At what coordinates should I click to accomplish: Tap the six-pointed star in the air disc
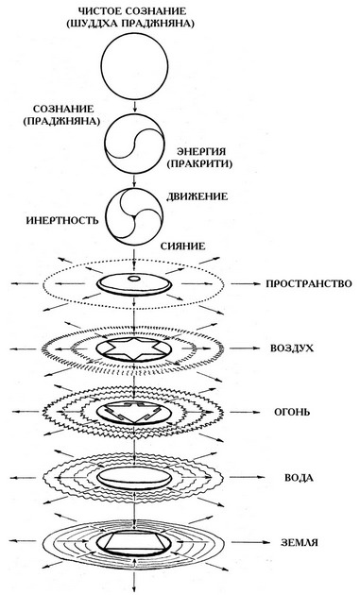click(138, 348)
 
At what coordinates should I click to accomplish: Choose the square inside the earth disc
click(138, 542)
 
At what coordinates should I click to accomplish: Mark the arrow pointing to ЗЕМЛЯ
click(248, 543)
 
